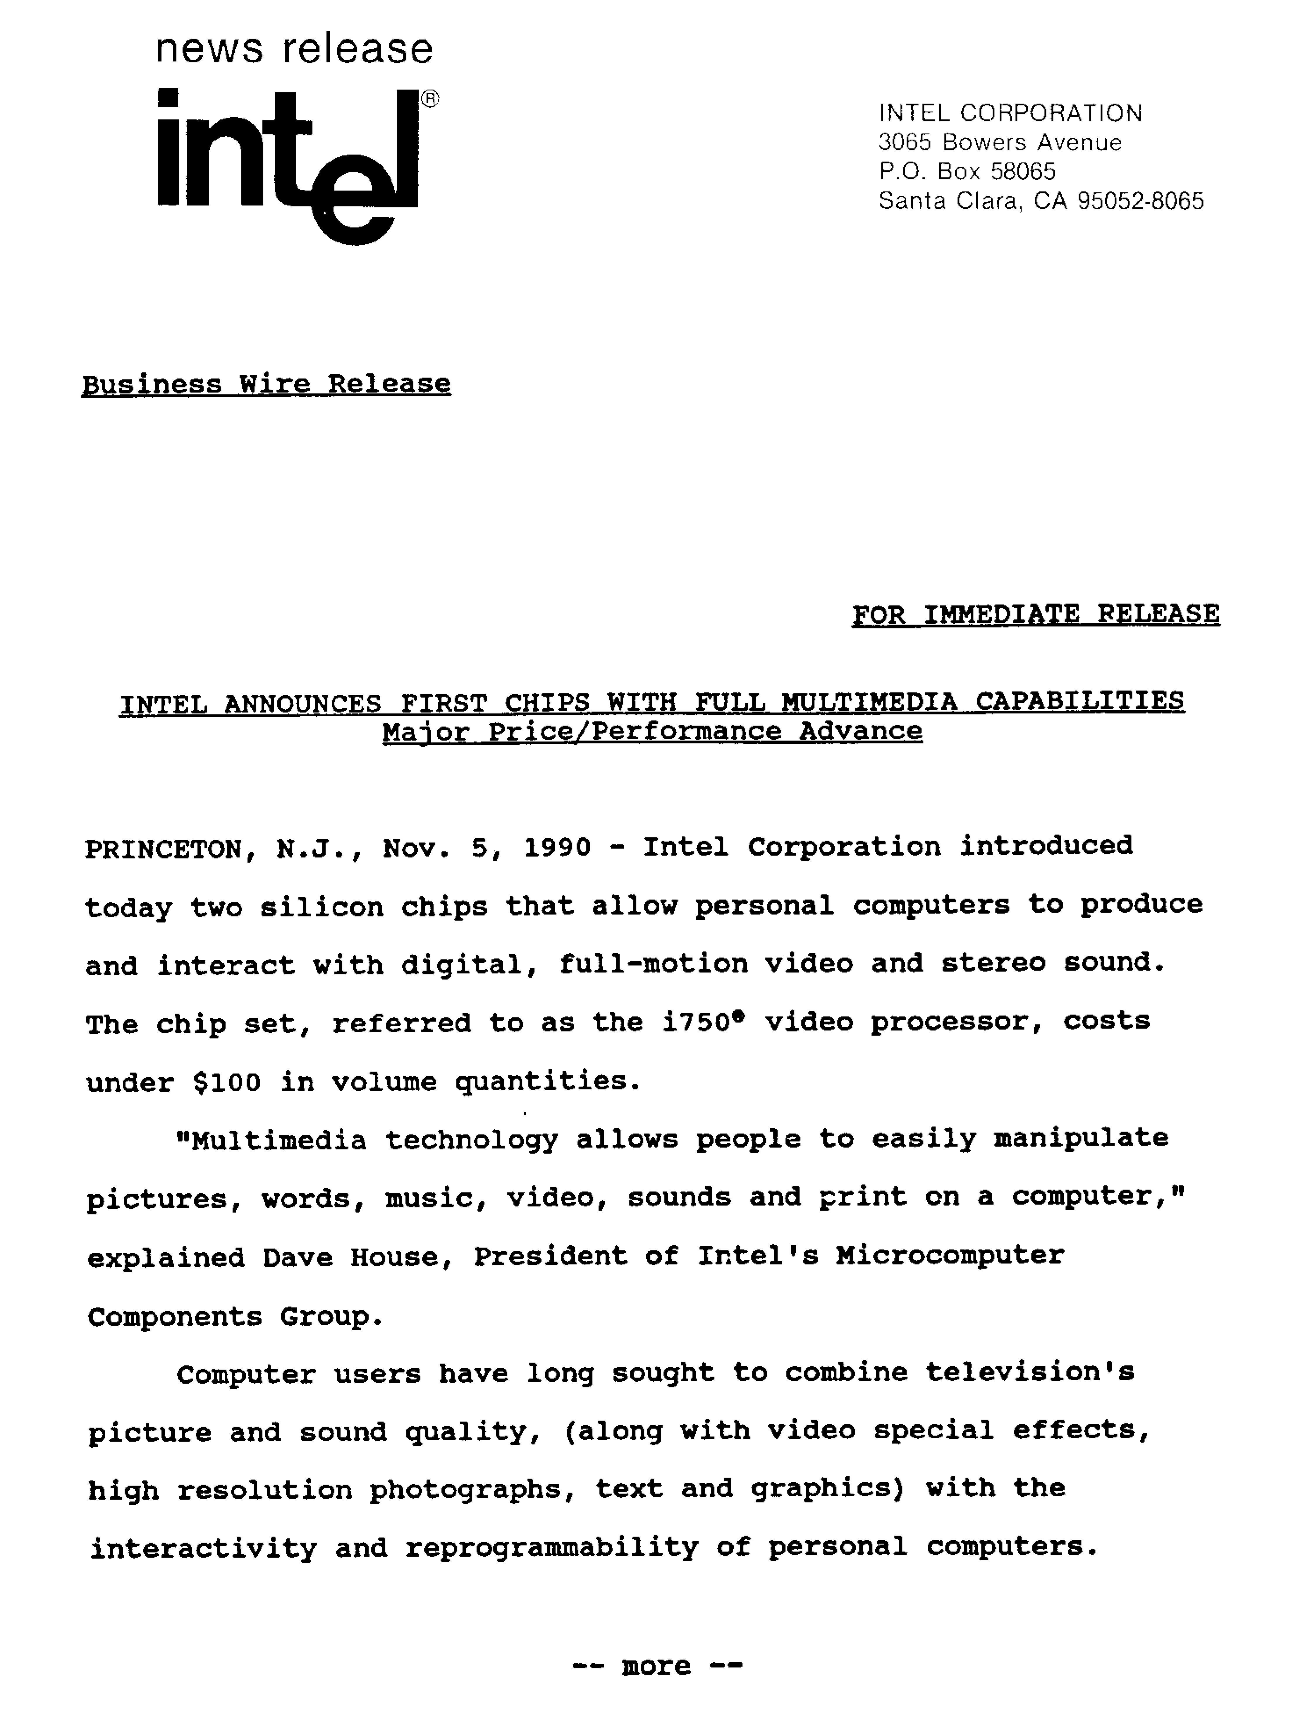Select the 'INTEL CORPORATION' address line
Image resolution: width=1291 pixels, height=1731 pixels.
(x=1010, y=113)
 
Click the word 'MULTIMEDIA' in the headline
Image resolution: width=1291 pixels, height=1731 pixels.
(x=869, y=701)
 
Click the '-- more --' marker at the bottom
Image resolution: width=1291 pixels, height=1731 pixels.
(x=656, y=1666)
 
